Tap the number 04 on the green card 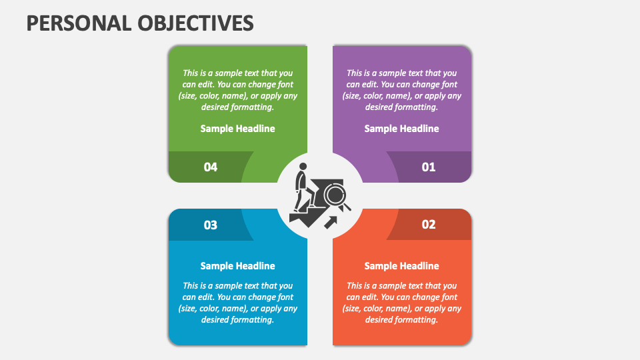click(211, 167)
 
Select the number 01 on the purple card click(429, 167)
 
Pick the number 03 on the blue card click(211, 225)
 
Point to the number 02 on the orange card click(429, 225)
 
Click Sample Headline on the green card click(237, 129)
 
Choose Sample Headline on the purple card click(401, 129)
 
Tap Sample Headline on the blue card click(237, 266)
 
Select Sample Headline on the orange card click(401, 266)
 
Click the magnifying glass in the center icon click(335, 195)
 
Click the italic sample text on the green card click(237, 90)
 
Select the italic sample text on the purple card click(401, 90)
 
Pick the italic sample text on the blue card click(237, 303)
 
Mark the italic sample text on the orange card click(401, 303)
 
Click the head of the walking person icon click(303, 167)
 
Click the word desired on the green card click(217, 107)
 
